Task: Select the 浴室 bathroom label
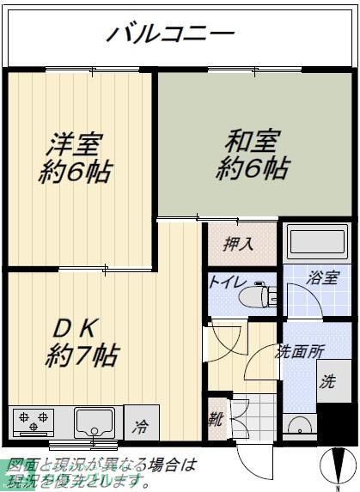point(324,278)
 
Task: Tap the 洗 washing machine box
point(330,383)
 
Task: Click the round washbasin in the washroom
point(300,426)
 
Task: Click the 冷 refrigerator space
point(141,423)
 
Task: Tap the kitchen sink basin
point(95,422)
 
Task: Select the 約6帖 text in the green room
point(252,167)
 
